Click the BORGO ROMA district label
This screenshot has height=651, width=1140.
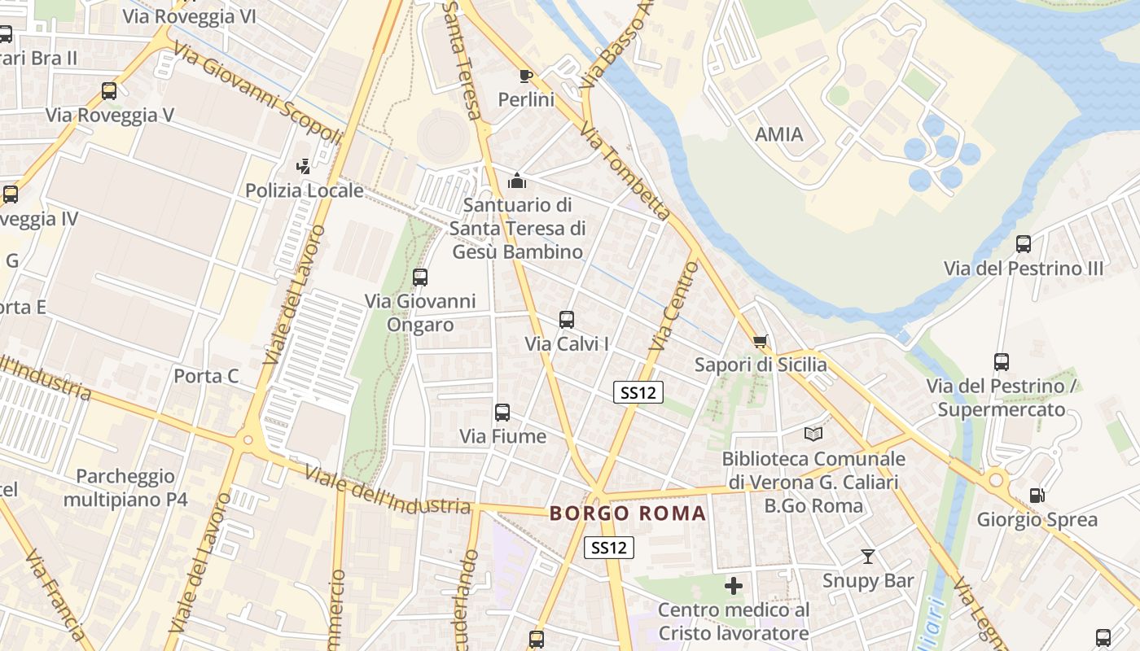point(628,513)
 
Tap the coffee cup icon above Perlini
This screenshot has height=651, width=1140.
point(526,76)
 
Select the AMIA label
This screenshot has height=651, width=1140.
point(779,134)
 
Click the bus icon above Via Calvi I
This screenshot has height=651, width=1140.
point(567,320)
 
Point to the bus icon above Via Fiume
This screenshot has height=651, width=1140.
point(502,413)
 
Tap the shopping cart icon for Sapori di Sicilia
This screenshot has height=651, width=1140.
point(761,341)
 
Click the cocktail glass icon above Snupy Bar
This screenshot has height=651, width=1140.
point(868,557)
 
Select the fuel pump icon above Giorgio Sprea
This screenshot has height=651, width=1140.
point(1037,495)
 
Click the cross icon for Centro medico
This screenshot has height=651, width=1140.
point(734,586)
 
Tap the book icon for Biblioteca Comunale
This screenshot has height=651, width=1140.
point(813,434)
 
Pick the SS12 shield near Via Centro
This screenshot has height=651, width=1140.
point(638,393)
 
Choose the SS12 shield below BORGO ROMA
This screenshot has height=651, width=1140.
point(609,548)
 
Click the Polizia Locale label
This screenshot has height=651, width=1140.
point(305,191)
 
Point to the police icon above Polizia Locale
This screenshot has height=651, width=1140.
point(304,167)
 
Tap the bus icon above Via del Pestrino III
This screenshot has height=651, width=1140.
point(1024,244)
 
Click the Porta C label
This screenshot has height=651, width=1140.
point(207,376)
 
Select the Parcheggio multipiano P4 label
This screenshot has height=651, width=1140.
point(125,487)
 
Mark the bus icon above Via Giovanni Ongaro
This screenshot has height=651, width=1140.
point(420,277)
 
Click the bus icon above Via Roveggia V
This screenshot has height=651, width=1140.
point(109,91)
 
